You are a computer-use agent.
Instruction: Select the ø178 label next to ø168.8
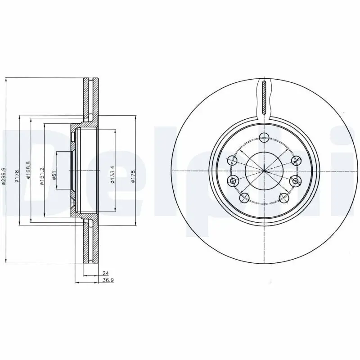point(16,176)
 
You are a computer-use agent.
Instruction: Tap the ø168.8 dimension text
point(28,171)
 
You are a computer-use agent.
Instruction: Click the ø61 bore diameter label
point(54,175)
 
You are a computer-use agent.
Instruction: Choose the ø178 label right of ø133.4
point(133,176)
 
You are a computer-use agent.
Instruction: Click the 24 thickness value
point(105,273)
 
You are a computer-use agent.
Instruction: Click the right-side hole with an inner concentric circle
point(296,181)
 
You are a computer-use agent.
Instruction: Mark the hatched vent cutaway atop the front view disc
point(265,97)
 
